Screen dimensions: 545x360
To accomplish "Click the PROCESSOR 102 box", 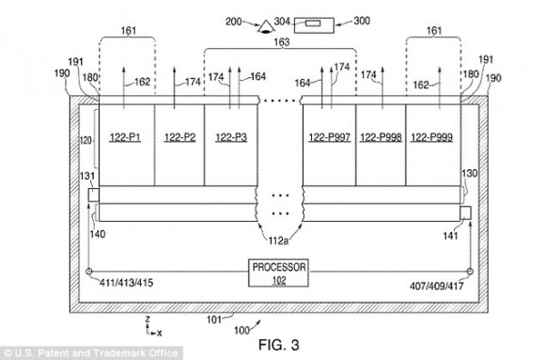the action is [x=278, y=273].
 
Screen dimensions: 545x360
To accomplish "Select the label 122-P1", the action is [x=125, y=137].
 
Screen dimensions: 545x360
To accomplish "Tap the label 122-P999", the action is [x=431, y=137].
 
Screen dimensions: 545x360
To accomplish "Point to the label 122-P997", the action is [x=330, y=137].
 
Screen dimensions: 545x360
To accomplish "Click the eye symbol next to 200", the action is [x=266, y=27].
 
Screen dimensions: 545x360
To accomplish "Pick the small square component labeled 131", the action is [x=94, y=195].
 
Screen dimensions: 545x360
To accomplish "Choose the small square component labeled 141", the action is [x=465, y=212].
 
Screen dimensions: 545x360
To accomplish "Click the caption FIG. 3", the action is [x=279, y=345].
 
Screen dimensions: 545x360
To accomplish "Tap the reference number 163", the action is [x=282, y=42].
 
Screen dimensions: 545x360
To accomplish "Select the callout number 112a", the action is [x=278, y=241].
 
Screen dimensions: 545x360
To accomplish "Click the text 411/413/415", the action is [x=126, y=283].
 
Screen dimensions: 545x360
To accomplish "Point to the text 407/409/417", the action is [x=437, y=286].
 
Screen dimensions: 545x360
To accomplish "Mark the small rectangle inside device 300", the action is [x=313, y=23].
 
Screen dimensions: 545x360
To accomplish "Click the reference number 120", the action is [x=86, y=140].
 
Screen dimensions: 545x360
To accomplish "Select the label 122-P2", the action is [x=179, y=137].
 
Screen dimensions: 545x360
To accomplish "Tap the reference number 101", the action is [x=214, y=320].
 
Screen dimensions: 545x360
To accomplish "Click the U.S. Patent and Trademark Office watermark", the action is [x=91, y=353].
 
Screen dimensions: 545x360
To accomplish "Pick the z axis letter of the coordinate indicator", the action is [x=148, y=319].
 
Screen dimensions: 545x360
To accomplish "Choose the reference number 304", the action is [x=282, y=22].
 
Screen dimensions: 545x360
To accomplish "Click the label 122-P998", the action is [x=381, y=137].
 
